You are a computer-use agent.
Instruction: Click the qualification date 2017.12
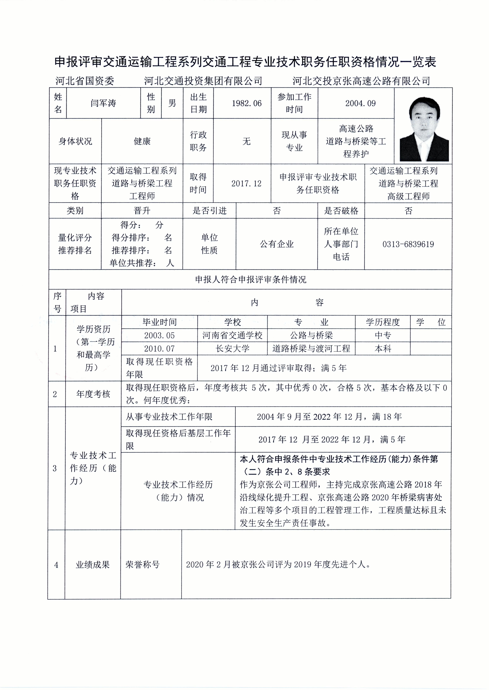(246, 183)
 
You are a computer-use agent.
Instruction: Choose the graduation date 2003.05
(159, 335)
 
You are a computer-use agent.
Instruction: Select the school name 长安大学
(232, 348)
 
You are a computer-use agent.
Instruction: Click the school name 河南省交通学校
(232, 335)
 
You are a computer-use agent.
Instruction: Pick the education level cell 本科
(383, 348)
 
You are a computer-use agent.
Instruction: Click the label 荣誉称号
(142, 564)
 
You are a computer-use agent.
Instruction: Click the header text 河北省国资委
(85, 81)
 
